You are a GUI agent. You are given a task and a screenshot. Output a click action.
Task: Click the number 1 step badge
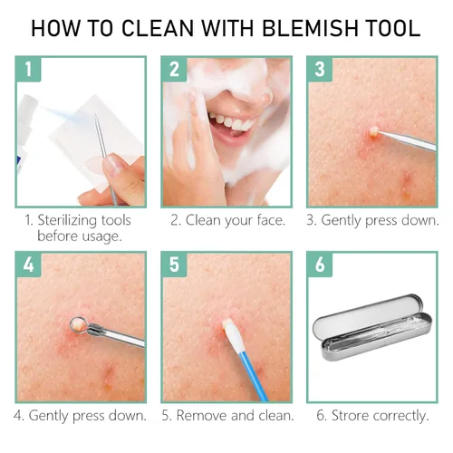pyautogui.click(x=28, y=69)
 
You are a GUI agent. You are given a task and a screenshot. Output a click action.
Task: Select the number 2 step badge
pyautogui.click(x=174, y=69)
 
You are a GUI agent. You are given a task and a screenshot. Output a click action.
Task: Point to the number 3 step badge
pyautogui.click(x=320, y=69)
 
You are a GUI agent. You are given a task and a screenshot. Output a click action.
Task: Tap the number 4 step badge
pyautogui.click(x=28, y=265)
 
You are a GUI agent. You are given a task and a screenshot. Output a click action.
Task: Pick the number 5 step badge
pyautogui.click(x=174, y=265)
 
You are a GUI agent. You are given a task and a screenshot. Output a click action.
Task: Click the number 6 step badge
pyautogui.click(x=320, y=265)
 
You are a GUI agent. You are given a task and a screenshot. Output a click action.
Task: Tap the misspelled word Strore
pyautogui.click(x=351, y=416)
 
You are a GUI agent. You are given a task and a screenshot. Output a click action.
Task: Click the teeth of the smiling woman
pyautogui.click(x=232, y=121)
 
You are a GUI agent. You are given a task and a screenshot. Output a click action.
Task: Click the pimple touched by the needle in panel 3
pyautogui.click(x=374, y=132)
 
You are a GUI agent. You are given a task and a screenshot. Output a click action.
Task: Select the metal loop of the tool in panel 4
pyautogui.click(x=79, y=324)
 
